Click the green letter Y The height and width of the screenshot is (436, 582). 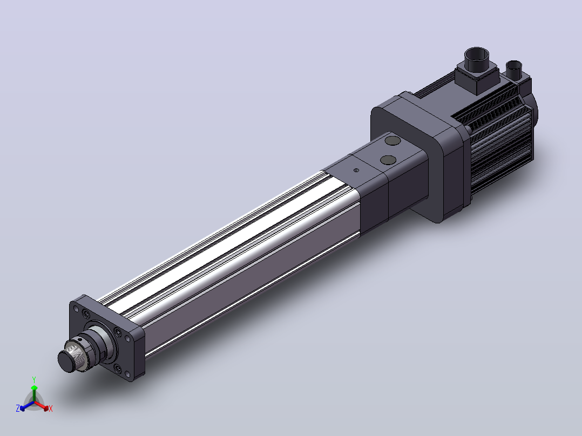tap(34, 379)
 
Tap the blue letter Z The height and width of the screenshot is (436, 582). tap(17, 408)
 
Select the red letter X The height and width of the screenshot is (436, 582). tap(51, 408)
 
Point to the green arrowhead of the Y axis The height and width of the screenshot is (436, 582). tap(34, 388)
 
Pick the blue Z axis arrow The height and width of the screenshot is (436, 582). tap(27, 405)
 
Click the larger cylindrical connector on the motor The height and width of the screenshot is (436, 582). tap(477, 59)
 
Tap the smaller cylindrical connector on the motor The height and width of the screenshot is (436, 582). tap(514, 69)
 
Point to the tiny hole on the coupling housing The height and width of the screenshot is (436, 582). tap(356, 171)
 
